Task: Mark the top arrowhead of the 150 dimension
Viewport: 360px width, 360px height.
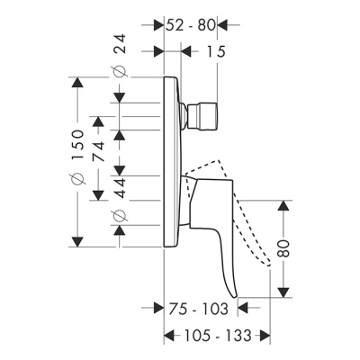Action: point(78,84)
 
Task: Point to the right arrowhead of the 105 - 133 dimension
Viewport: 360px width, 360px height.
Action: point(265,336)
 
